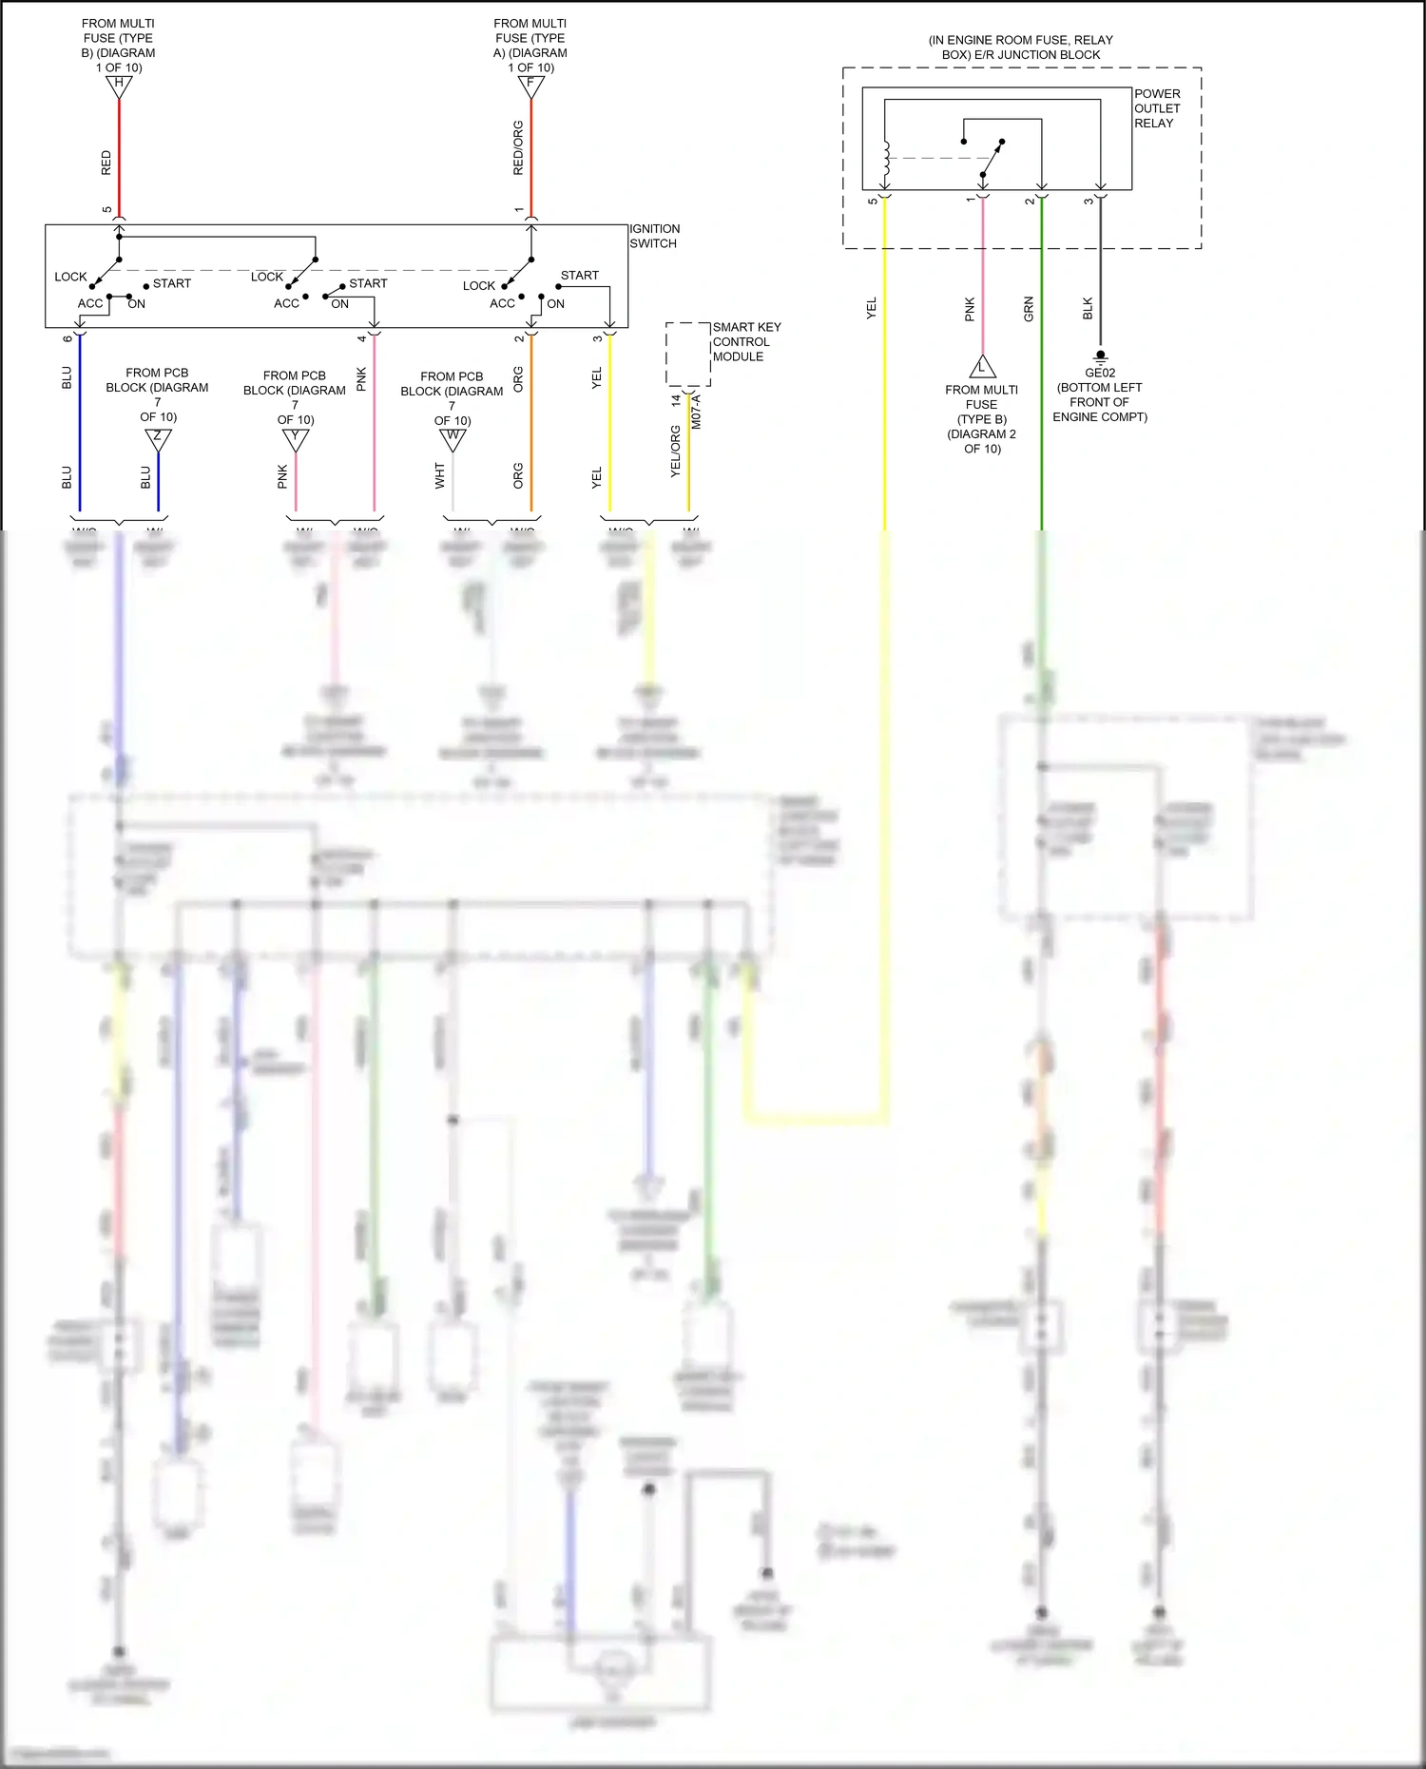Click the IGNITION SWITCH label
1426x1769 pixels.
click(654, 236)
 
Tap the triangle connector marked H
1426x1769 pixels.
click(119, 86)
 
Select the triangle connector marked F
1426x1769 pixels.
click(530, 86)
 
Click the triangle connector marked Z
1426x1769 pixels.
click(158, 439)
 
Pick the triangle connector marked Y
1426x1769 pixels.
click(296, 439)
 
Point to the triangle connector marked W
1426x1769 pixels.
click(453, 439)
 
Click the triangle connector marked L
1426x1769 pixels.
click(982, 367)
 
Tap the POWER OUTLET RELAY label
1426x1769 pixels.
click(1157, 108)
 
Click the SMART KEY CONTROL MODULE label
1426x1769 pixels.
click(746, 341)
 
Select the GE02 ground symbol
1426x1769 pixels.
click(1100, 357)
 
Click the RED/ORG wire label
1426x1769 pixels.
click(518, 147)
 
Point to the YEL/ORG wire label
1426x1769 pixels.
click(676, 451)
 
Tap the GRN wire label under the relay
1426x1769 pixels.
click(1029, 309)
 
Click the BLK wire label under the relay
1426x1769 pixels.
click(1089, 309)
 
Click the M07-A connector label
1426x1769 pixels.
click(696, 412)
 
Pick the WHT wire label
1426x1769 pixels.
click(439, 475)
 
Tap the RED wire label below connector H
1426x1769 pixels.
click(106, 163)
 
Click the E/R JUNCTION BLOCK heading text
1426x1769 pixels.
click(1020, 48)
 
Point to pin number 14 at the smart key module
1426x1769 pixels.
click(676, 401)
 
